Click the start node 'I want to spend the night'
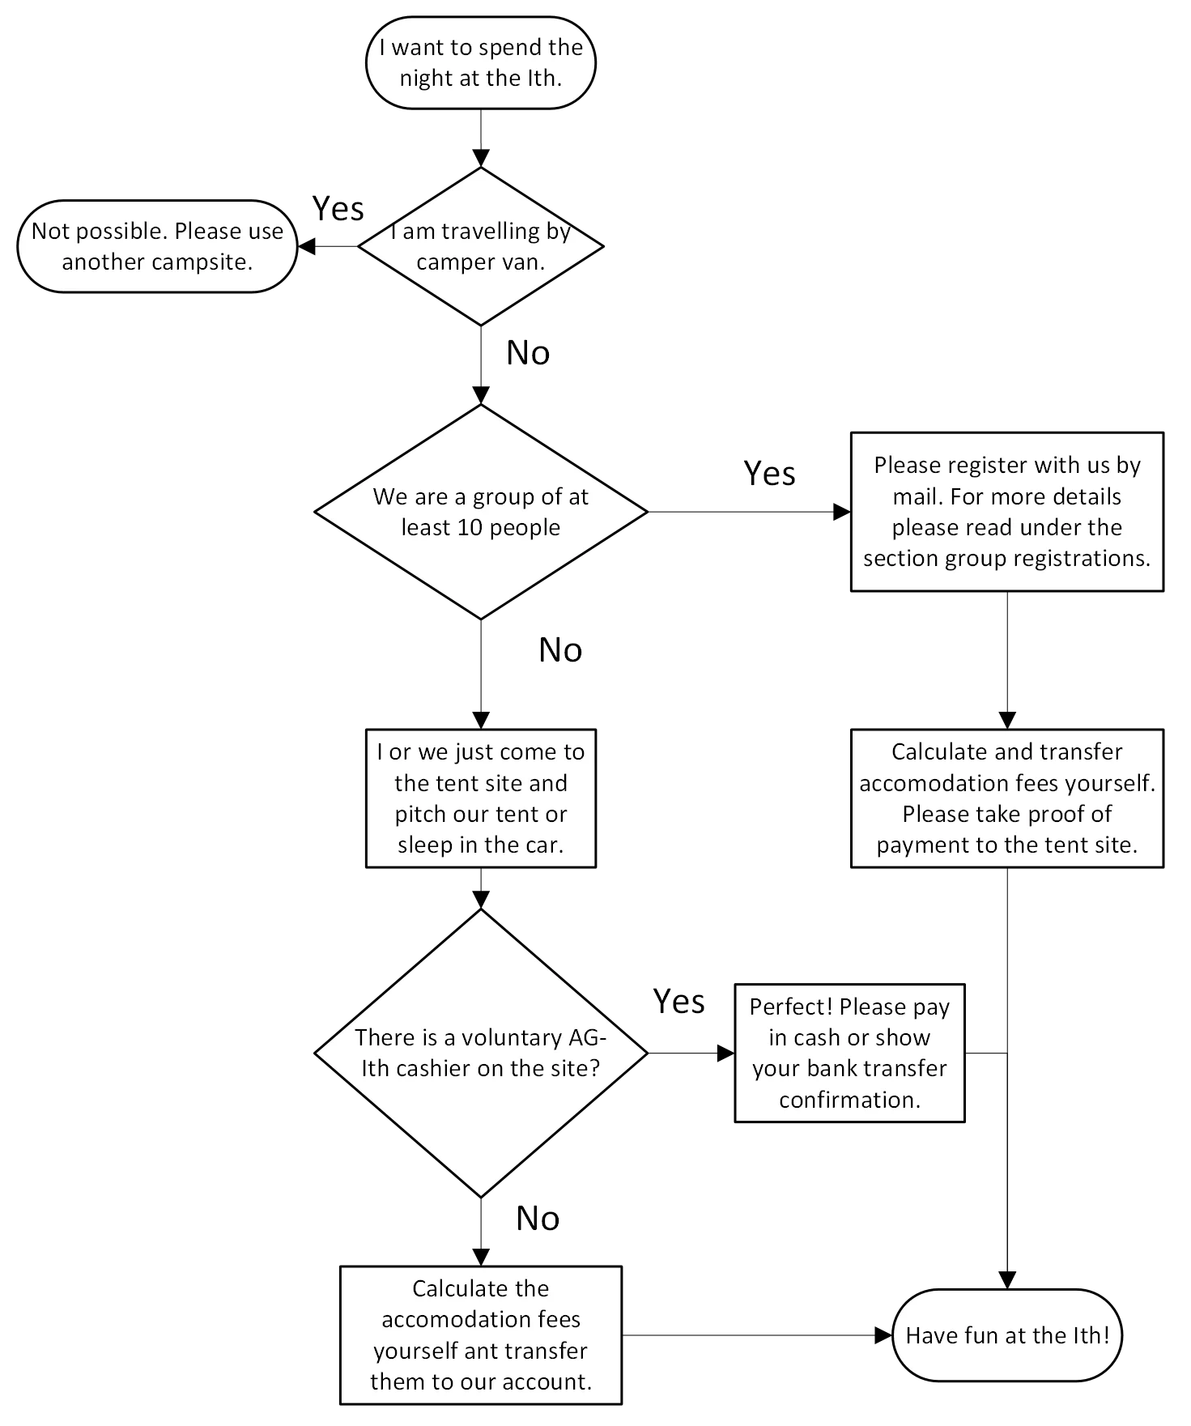(x=481, y=63)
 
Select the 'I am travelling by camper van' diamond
(x=481, y=246)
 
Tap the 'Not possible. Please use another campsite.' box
(x=157, y=246)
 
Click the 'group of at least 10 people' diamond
(x=481, y=512)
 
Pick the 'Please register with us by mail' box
(x=1006, y=512)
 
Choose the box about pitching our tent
(x=481, y=798)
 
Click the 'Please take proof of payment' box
(x=1006, y=798)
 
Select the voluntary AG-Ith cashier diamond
(x=481, y=1053)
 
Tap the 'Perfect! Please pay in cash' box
(x=849, y=1053)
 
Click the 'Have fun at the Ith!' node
(x=1006, y=1335)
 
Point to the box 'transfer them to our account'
(x=481, y=1334)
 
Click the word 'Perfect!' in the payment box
(x=791, y=1007)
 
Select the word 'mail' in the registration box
(x=915, y=496)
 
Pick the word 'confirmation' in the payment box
(x=849, y=1100)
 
